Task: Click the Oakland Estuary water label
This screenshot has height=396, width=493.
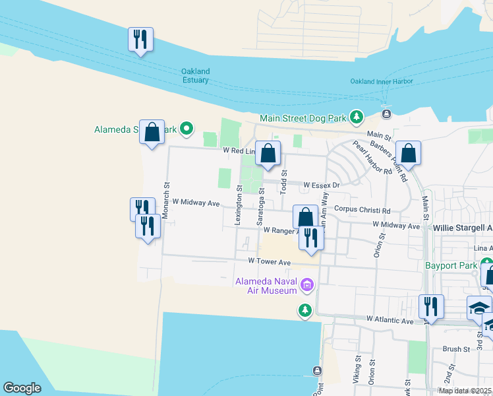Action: pos(196,76)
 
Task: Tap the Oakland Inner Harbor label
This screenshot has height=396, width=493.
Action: pos(381,81)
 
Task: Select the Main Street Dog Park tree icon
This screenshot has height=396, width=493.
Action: pos(357,117)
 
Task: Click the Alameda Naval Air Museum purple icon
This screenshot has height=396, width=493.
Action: pos(306,286)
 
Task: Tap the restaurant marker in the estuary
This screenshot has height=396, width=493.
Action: pos(140,40)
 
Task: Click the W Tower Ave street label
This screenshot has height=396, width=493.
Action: pos(269,262)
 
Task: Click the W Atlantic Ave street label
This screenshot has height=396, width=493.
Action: pos(390,321)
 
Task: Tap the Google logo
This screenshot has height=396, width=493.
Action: pos(22,388)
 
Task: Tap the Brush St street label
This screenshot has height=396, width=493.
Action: pos(455,349)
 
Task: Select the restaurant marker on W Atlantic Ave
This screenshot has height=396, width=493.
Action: pos(430,307)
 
